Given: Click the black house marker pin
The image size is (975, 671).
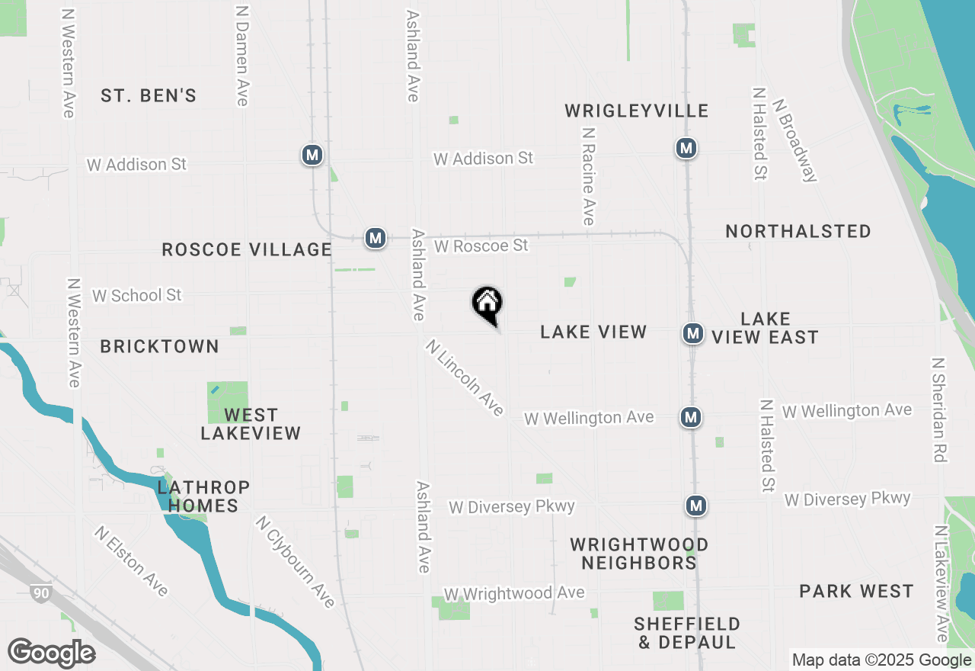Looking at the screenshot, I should tap(487, 305).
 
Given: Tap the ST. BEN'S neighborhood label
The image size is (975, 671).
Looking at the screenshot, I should tap(149, 96).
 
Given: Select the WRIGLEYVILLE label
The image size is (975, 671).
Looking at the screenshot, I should tap(637, 111).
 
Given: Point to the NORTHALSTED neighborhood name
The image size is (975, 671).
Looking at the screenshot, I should tap(798, 232).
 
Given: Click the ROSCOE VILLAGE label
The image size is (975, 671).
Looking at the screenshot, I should tap(247, 250).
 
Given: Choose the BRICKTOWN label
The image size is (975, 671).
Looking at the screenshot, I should tap(160, 347).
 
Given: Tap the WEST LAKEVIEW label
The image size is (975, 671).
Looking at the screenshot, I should tap(251, 425).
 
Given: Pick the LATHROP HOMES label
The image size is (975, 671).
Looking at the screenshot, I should tap(203, 496).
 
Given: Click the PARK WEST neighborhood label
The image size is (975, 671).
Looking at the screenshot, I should tap(856, 592).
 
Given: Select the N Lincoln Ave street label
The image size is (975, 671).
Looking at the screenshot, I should tap(465, 377).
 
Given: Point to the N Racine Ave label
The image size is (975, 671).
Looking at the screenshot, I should tap(587, 176).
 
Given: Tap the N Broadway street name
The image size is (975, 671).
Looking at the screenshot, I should tap(795, 140).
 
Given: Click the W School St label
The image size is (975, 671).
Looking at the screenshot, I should tap(137, 295).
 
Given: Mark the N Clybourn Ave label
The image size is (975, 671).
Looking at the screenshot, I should tap(296, 562).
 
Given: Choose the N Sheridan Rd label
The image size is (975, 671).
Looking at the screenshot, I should tap(939, 409).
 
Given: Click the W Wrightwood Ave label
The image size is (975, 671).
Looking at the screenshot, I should tap(514, 593).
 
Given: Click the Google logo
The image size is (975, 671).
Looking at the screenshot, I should tap(51, 653).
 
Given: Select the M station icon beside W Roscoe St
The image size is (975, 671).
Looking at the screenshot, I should tap(375, 238).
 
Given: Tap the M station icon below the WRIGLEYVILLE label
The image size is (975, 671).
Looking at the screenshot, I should tap(686, 148).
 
